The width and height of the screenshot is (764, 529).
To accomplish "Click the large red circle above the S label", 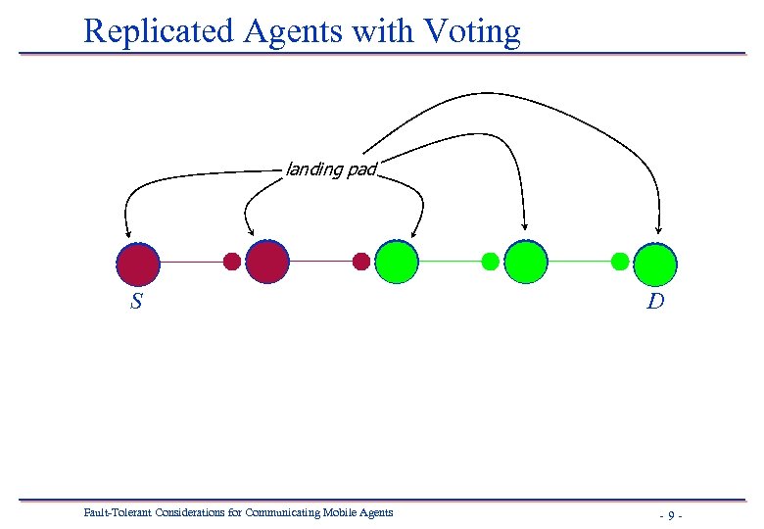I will point(138,263).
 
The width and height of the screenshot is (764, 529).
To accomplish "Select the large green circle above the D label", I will point(655,262).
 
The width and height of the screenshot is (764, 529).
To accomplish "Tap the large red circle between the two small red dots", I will point(267,262).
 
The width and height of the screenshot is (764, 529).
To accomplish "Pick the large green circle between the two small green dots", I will point(526,262).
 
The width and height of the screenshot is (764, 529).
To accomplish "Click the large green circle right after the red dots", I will point(397,262).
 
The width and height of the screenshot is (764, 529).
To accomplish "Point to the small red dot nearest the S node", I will point(232,262).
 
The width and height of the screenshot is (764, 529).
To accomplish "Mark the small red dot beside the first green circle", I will point(361,262).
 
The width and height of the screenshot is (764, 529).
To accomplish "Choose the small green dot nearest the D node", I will point(620,262).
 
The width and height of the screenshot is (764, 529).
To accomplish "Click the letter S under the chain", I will point(136,302).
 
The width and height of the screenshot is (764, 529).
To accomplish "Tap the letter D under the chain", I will point(655,302).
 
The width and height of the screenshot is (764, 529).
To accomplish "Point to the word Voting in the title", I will point(473,31).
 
